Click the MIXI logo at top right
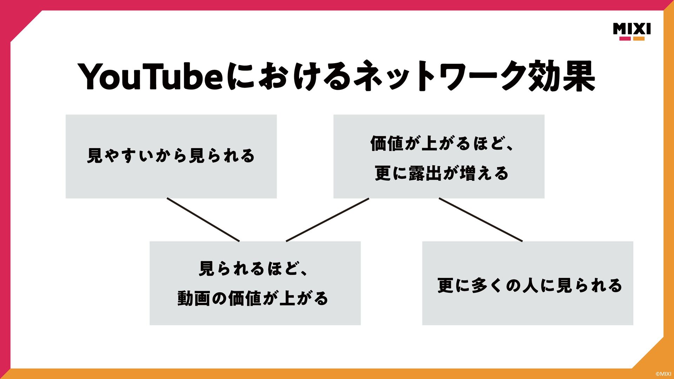(x=632, y=29)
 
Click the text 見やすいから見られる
(x=171, y=156)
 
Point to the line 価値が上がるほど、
(x=442, y=143)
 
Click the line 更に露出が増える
(x=442, y=173)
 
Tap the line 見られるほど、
(x=253, y=269)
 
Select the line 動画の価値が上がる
(x=253, y=298)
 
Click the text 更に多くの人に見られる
(x=530, y=285)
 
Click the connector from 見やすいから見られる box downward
(x=203, y=220)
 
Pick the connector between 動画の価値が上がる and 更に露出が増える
(x=328, y=220)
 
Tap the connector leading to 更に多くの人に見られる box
(x=481, y=220)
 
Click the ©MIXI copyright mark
(x=663, y=374)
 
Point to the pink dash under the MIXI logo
(x=625, y=39)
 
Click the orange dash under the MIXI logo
(x=639, y=39)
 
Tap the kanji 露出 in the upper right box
(x=425, y=173)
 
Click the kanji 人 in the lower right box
(x=530, y=285)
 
